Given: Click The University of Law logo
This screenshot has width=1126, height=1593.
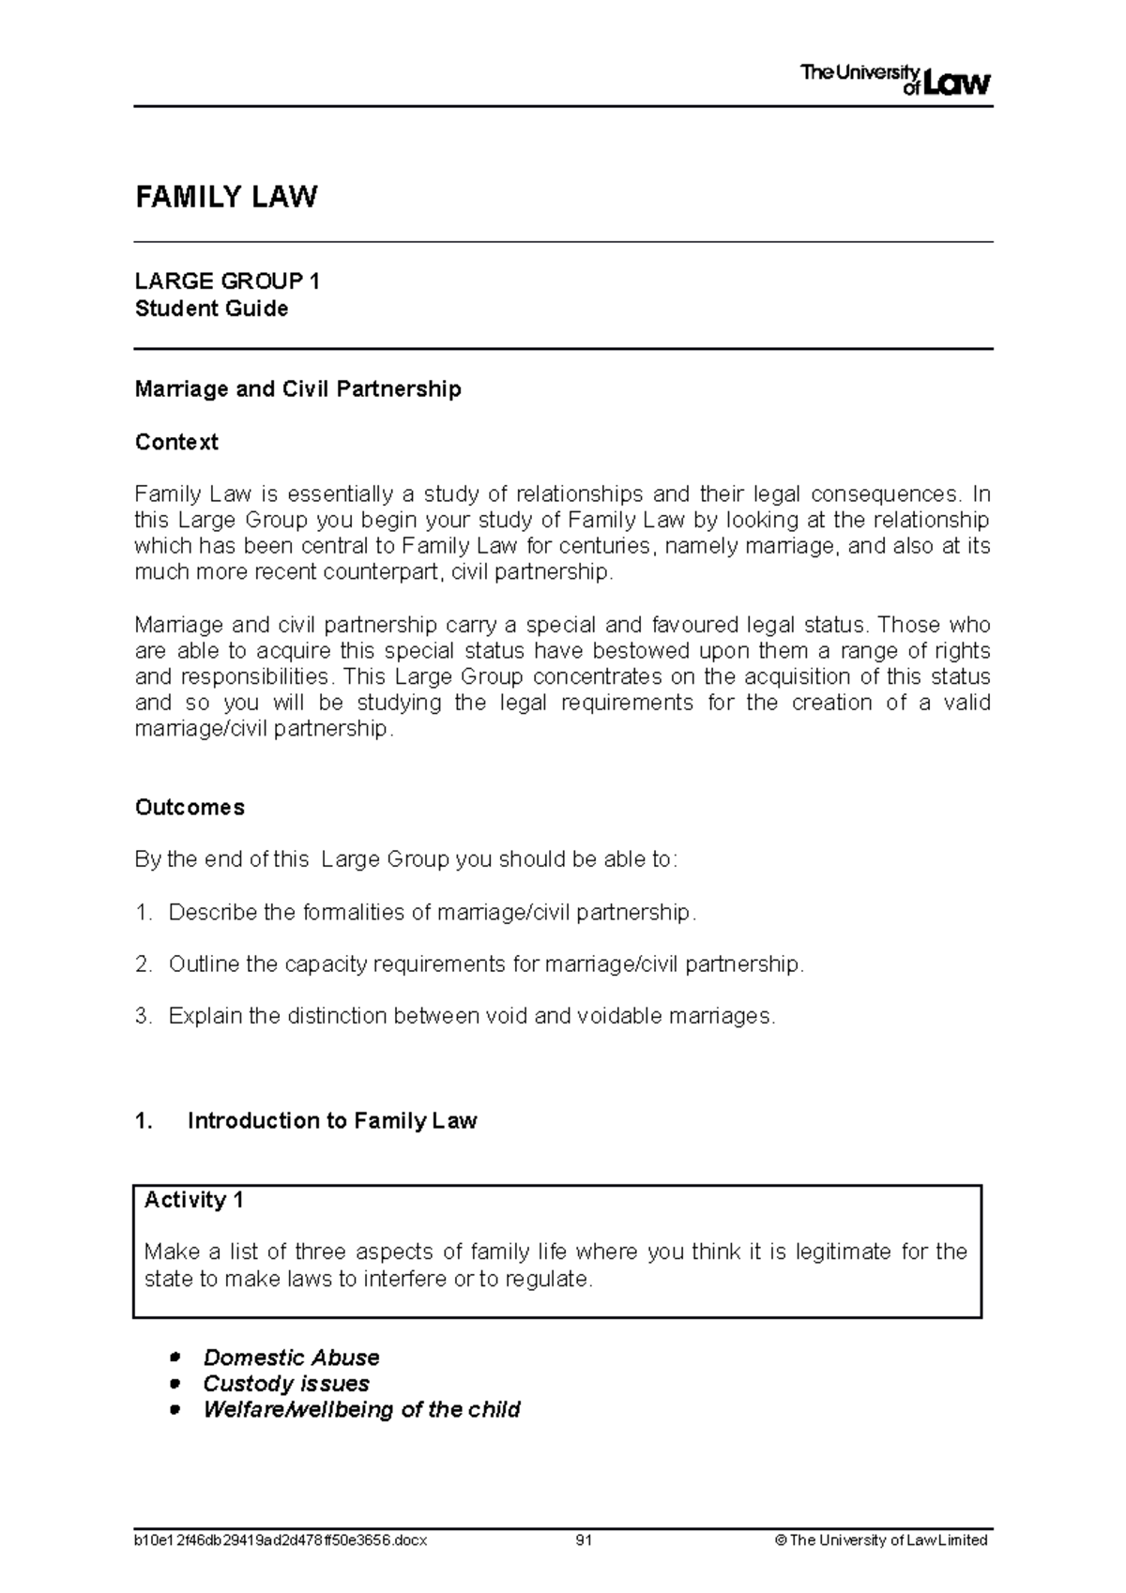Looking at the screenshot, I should (x=895, y=81).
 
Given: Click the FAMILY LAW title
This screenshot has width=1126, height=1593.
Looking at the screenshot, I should (x=226, y=197).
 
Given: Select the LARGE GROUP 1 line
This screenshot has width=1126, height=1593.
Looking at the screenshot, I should (x=227, y=281).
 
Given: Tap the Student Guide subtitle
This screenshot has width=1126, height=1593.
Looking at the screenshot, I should (x=211, y=309).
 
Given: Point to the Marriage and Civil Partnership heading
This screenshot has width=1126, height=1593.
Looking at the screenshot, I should (x=297, y=389).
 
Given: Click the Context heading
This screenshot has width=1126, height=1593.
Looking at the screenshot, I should (x=176, y=442).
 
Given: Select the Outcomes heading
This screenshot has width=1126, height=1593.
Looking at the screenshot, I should (x=190, y=808).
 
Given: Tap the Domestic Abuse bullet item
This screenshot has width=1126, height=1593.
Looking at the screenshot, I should (x=291, y=1358).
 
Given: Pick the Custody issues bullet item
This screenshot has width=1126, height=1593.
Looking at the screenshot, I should (x=285, y=1384).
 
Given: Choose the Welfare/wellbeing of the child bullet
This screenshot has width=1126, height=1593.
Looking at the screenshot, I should (x=361, y=1410).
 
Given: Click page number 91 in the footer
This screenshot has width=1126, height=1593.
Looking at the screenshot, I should (x=584, y=1540).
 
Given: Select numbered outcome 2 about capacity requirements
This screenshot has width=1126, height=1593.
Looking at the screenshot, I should (x=486, y=964).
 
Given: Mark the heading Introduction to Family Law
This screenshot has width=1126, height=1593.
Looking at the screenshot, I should (x=332, y=1121).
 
